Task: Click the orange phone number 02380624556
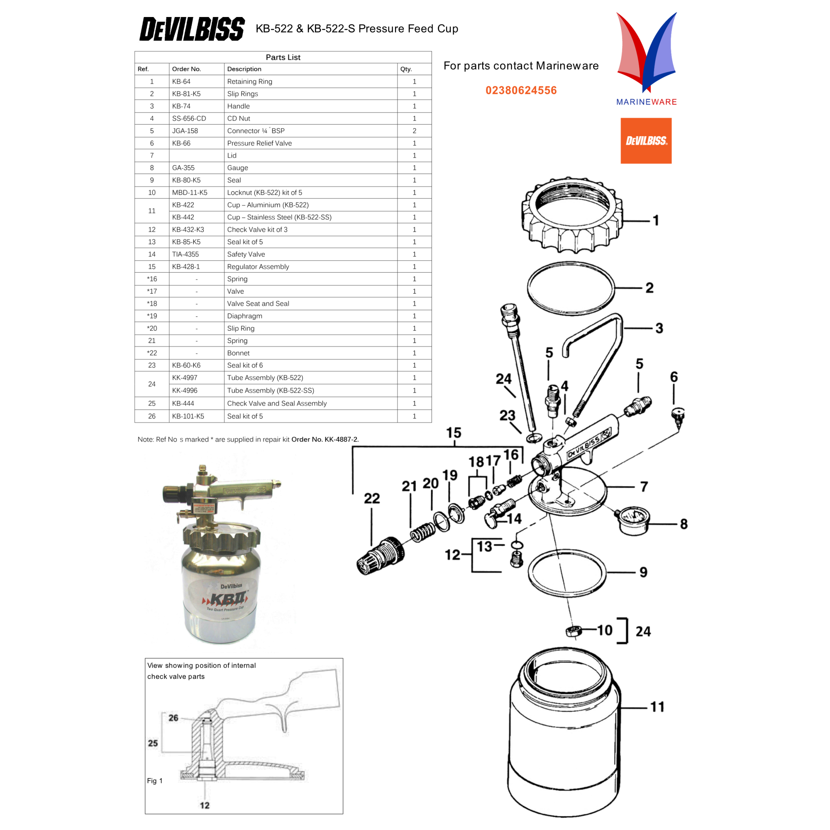tap(521, 90)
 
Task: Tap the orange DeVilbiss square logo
tap(646, 141)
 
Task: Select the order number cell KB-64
tap(181, 81)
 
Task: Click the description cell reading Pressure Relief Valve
tap(259, 143)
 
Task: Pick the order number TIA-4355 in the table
tap(185, 254)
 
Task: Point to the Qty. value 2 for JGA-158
tap(414, 131)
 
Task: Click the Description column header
tap(244, 69)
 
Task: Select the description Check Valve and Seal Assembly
tap(277, 403)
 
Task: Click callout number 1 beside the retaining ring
tap(656, 220)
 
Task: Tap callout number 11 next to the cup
tap(657, 707)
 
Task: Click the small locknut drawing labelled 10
tap(573, 631)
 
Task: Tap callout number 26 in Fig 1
tap(173, 718)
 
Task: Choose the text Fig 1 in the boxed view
tap(155, 781)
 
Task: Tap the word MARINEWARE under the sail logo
tap(646, 102)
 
